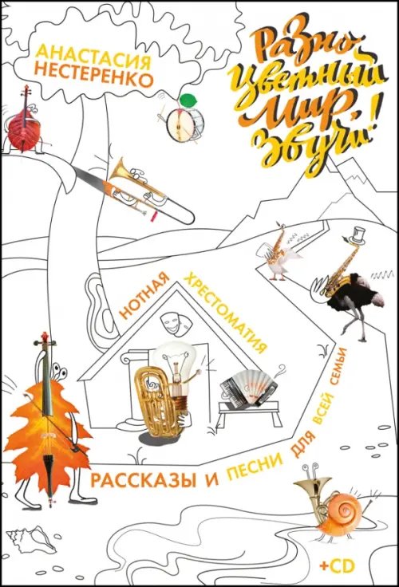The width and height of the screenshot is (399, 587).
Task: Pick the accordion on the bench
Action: pos(247,385)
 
